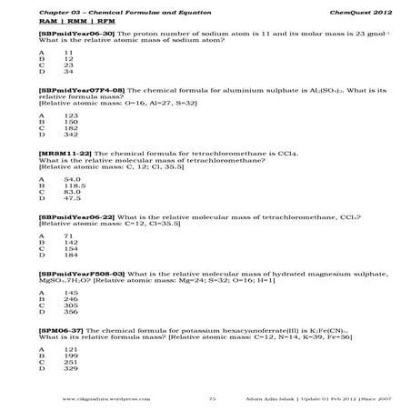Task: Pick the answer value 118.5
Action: click(x=73, y=185)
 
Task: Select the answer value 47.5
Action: click(x=72, y=198)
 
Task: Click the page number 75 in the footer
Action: click(x=212, y=398)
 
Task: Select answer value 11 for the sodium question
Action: click(x=68, y=53)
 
